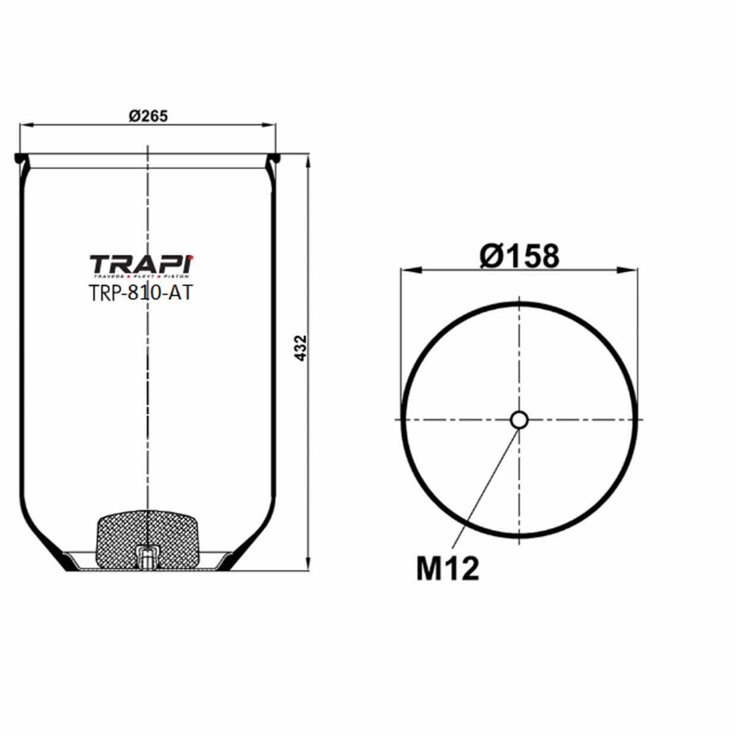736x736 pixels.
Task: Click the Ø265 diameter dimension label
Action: click(x=148, y=116)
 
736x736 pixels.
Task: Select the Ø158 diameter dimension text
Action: click(x=519, y=256)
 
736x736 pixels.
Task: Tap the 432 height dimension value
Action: click(x=301, y=348)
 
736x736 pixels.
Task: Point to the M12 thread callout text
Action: click(x=447, y=569)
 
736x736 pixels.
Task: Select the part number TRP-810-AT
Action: click(x=141, y=293)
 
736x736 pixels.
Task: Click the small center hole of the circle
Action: click(x=519, y=420)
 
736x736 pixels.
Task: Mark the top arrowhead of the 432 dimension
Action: click(x=307, y=161)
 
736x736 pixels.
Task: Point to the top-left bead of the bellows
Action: click(x=20, y=159)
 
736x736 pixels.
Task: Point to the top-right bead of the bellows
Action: click(x=274, y=159)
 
